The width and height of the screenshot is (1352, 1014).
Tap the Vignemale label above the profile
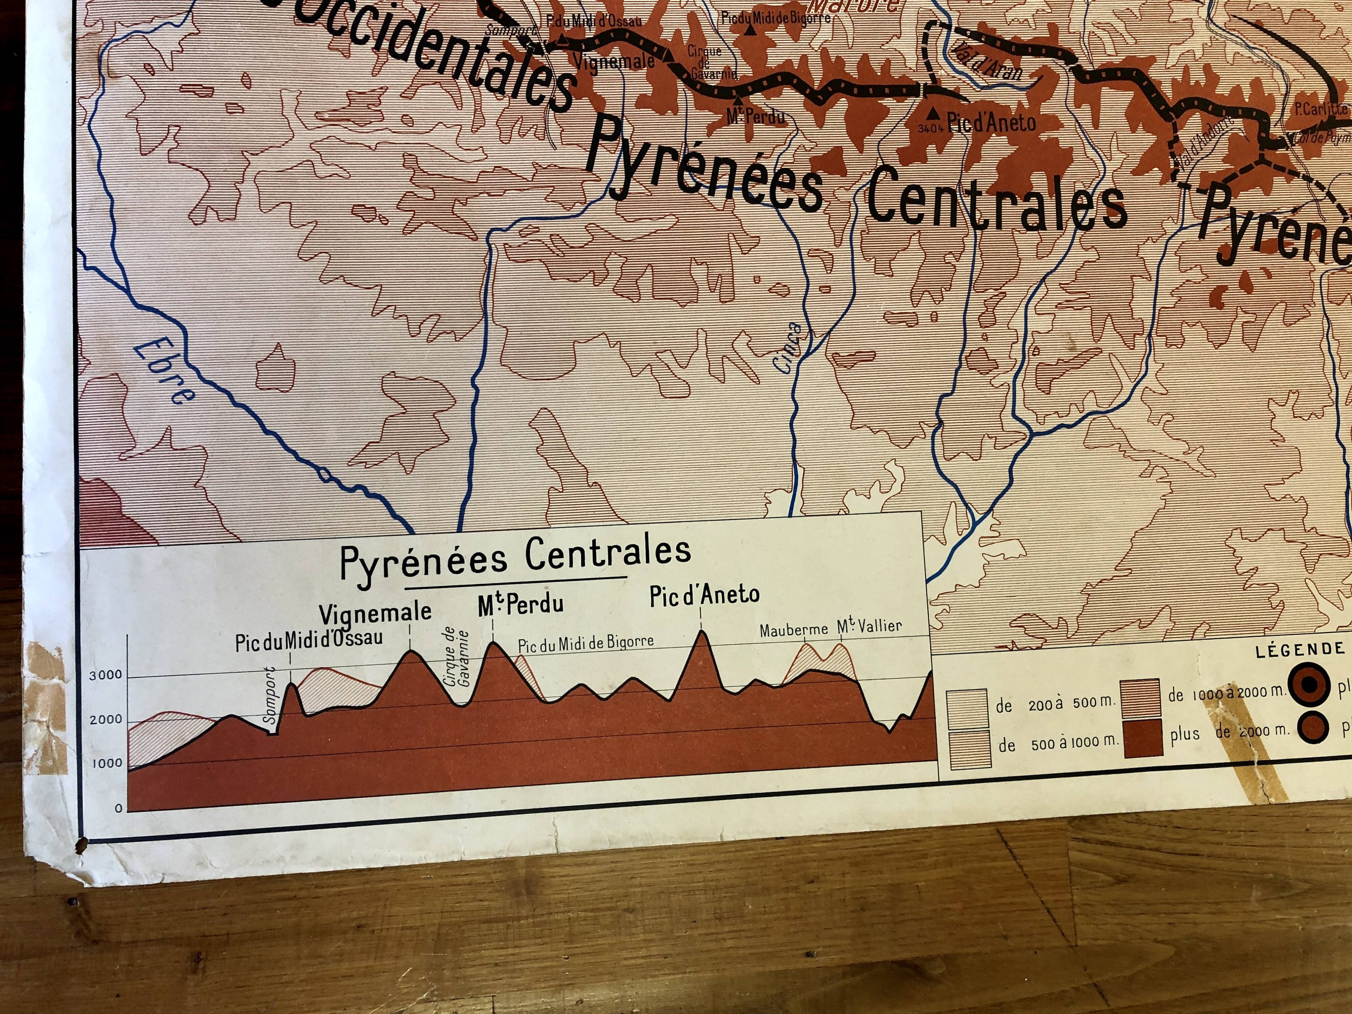point(375,613)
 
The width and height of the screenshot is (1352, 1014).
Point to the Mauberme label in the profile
point(793,630)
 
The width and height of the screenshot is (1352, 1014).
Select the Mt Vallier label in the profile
point(869,626)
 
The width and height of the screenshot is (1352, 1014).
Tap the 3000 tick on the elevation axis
point(106,675)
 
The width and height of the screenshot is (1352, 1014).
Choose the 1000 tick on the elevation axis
point(106,764)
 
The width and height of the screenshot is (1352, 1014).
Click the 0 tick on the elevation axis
point(119,808)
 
